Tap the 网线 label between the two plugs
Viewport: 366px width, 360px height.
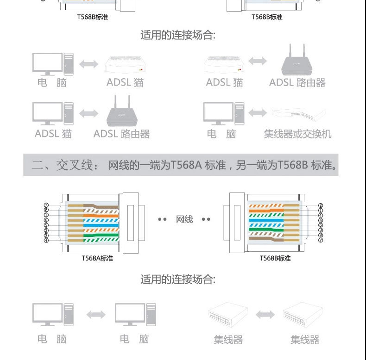pyautogui.click(x=184, y=219)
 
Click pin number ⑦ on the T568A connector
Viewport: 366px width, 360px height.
pyautogui.click(x=46, y=205)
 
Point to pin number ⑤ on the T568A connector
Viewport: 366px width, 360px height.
pyautogui.click(x=46, y=225)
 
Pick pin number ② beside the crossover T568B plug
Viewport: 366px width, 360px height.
pyautogui.click(x=320, y=205)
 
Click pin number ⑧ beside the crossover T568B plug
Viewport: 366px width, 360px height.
pyautogui.click(x=320, y=236)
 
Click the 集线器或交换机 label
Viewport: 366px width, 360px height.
pyautogui.click(x=297, y=134)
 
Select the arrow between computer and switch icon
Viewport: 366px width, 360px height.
pyautogui.click(x=258, y=113)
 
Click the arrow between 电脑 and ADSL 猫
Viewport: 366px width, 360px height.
pyautogui.click(x=88, y=64)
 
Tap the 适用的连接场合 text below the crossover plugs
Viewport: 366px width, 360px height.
pyautogui.click(x=178, y=279)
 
